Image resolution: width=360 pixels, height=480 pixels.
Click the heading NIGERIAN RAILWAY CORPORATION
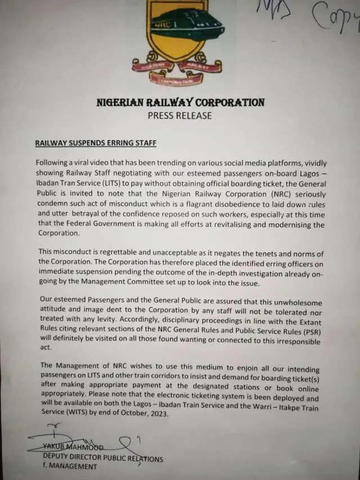coord(180,102)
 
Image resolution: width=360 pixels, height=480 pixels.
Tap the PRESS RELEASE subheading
coord(180,116)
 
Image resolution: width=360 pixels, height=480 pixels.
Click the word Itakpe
coord(285,407)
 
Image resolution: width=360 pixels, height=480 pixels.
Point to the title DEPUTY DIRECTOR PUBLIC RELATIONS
coord(103,458)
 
